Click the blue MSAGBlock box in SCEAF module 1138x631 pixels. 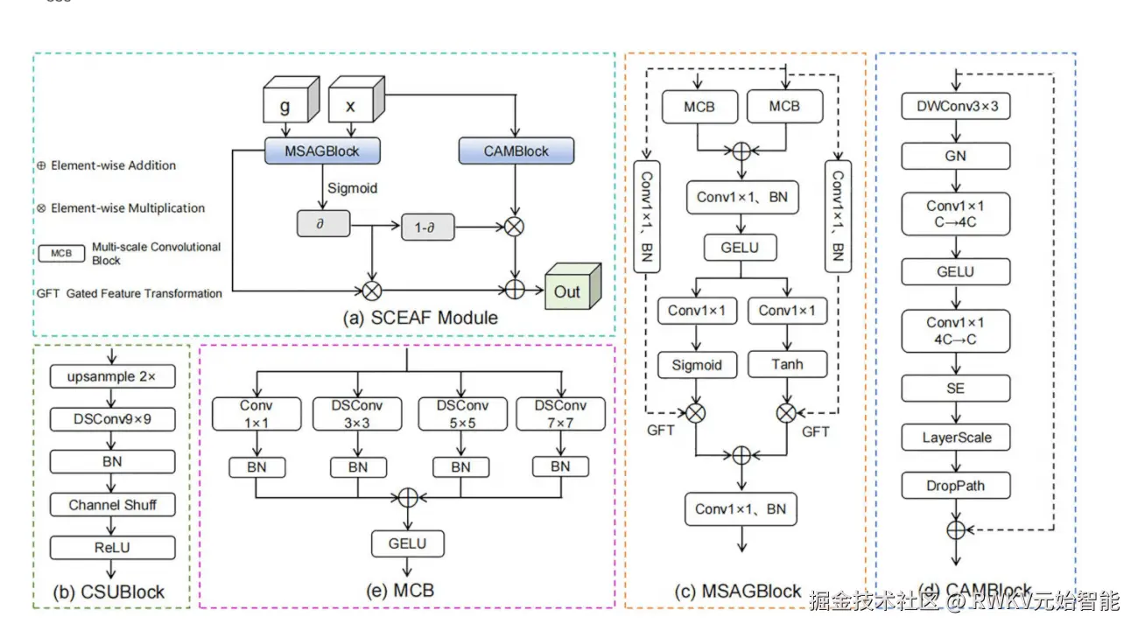click(x=323, y=151)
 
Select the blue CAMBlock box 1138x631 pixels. click(x=516, y=151)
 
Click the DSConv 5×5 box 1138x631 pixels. click(x=460, y=413)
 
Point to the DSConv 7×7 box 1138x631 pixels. click(x=560, y=413)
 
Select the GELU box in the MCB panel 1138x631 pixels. click(x=407, y=543)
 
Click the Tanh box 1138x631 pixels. click(x=788, y=364)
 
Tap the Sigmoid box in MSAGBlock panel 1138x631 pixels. click(x=697, y=364)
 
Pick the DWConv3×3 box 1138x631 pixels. click(x=955, y=107)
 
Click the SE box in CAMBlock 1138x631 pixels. click(x=955, y=388)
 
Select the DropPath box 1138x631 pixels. click(x=955, y=485)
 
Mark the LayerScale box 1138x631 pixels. click(x=955, y=437)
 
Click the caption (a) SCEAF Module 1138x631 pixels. click(x=420, y=318)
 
